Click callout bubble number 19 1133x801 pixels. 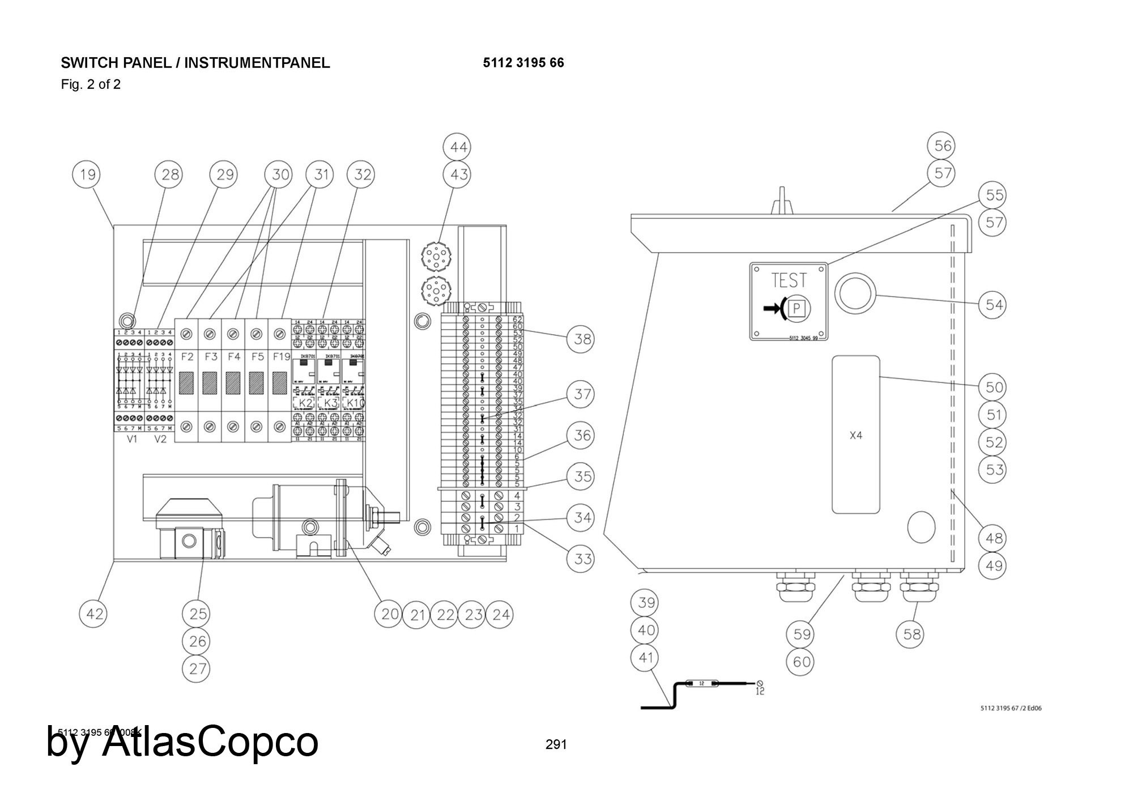click(87, 174)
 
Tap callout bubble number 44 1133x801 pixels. click(458, 147)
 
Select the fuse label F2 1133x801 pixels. click(188, 357)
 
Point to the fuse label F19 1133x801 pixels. click(281, 357)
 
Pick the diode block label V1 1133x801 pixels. click(132, 439)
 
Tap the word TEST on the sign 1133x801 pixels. click(789, 280)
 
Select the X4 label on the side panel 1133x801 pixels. click(856, 436)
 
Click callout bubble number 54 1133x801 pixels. click(994, 305)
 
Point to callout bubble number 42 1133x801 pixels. click(94, 613)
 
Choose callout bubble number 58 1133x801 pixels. click(911, 634)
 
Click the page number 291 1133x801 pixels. click(556, 744)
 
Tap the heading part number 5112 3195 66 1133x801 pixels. click(523, 63)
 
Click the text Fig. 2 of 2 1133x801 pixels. click(91, 85)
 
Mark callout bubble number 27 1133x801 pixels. click(197, 669)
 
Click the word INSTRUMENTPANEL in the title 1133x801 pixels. click(257, 63)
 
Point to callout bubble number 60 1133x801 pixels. click(802, 662)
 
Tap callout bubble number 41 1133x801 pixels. click(646, 658)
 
